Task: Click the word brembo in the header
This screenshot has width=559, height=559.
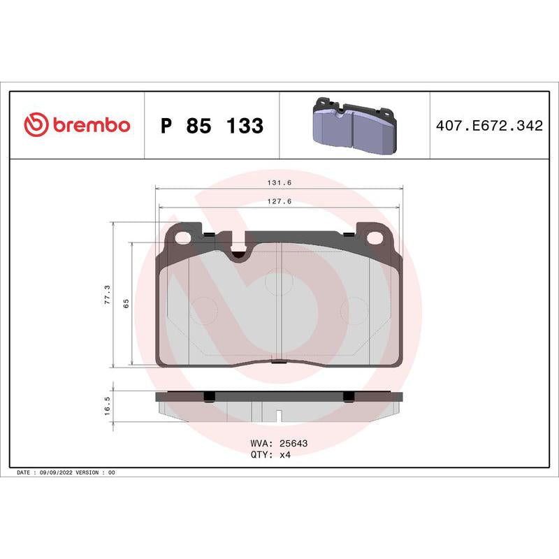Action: point(89,125)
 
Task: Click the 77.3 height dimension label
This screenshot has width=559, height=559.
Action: point(107,295)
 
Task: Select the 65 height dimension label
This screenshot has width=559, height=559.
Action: point(126,303)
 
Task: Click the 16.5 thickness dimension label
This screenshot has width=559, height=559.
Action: point(107,405)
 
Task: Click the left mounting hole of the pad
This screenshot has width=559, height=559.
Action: point(183,237)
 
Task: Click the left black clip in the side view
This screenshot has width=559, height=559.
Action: point(208,397)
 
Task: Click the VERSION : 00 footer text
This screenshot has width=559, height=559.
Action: point(99,473)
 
